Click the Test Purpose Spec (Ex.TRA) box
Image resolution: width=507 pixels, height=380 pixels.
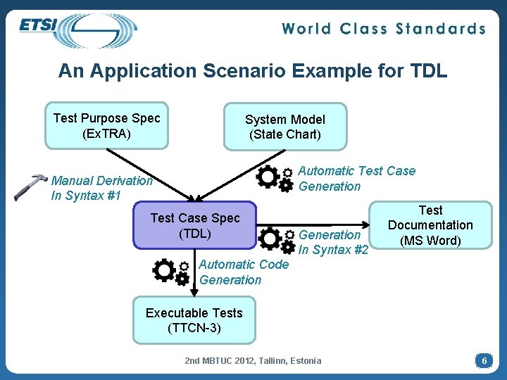107,126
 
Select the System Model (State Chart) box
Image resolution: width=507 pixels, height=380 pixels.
285,127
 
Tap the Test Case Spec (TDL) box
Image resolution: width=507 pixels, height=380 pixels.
195,226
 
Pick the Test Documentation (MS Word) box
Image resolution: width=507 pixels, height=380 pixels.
430,225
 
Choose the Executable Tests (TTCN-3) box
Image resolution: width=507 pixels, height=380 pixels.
194,320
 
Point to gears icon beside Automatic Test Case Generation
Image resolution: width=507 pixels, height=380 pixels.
275,178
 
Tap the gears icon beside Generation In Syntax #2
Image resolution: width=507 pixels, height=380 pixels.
277,240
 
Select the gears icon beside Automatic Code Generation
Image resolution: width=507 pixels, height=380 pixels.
171,272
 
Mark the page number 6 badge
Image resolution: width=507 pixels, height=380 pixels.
483,360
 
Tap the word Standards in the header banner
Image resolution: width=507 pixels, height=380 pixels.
441,29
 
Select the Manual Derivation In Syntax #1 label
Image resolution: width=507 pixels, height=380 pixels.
101,188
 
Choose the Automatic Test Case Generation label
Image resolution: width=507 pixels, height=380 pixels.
356,178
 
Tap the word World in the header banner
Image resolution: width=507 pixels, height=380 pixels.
308,29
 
